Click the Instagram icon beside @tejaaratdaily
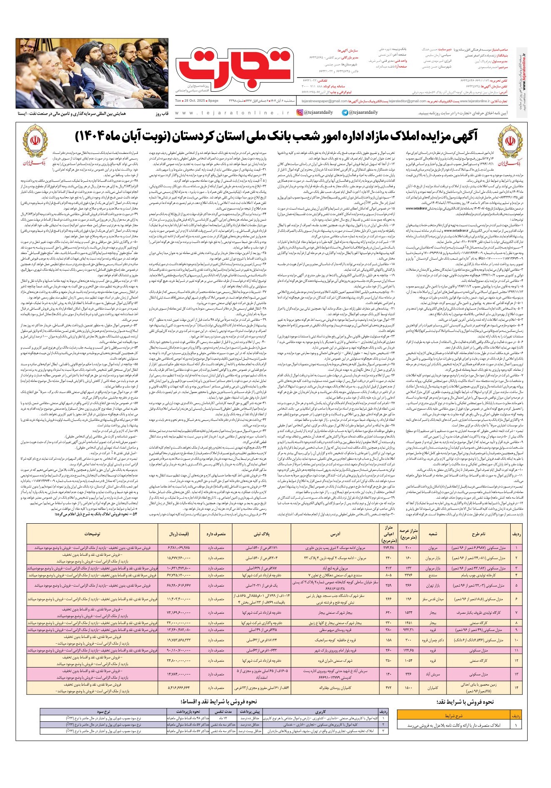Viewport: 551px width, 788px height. [300, 113]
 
